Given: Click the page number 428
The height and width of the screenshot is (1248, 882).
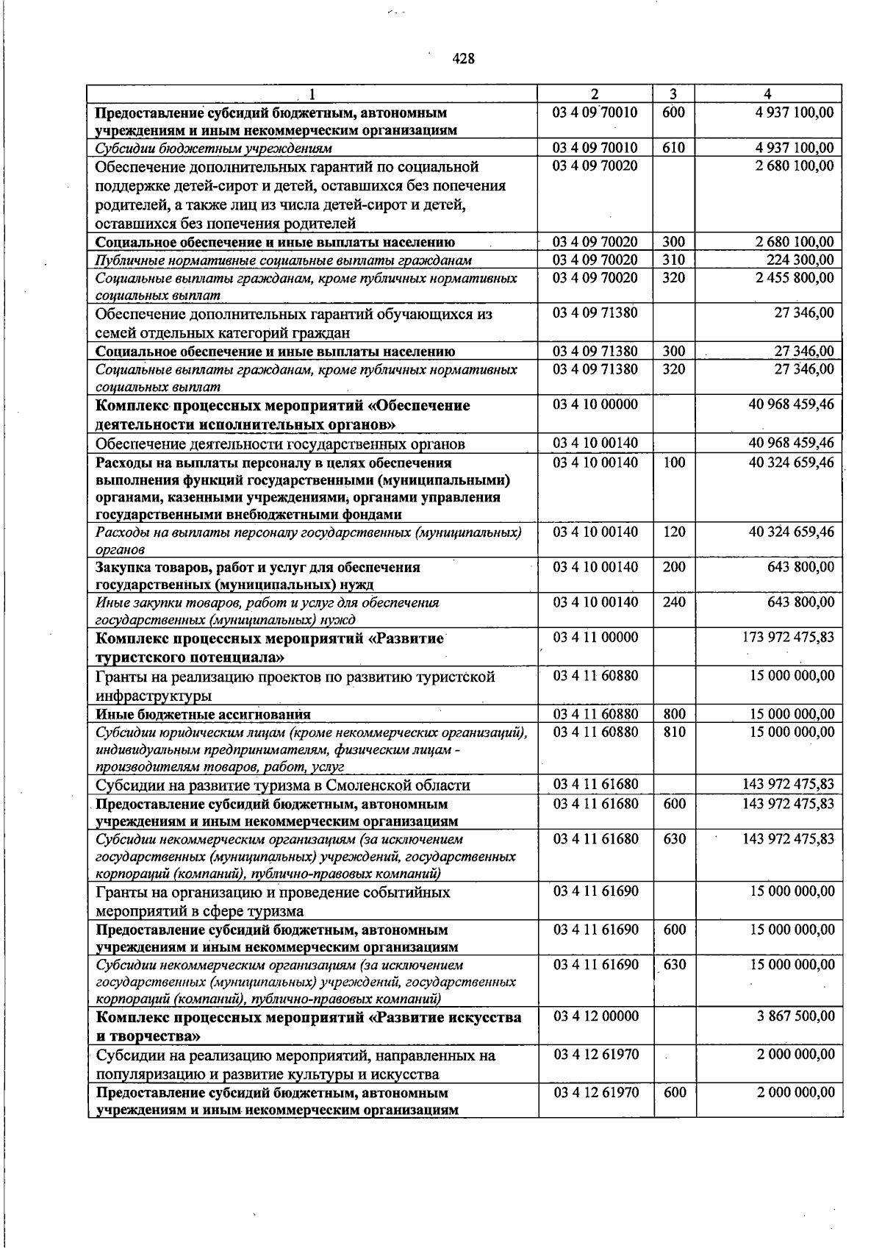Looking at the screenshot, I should [x=463, y=59].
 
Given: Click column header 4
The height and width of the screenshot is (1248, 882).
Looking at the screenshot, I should [x=767, y=94].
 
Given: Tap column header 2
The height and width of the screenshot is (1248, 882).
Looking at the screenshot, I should [x=595, y=94].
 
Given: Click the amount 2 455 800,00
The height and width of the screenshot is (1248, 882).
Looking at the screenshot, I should [x=795, y=277].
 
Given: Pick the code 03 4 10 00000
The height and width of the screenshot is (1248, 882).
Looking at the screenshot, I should [x=595, y=404].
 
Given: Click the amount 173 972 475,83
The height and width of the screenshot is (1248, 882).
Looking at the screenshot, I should [x=789, y=637].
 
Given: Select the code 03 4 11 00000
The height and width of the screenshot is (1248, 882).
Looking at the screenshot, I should [x=595, y=637].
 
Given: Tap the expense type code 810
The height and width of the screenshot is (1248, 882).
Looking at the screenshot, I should [x=674, y=732].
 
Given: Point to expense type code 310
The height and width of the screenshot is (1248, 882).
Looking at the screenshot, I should [x=674, y=260].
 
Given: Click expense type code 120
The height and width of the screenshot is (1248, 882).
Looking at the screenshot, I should [x=674, y=532].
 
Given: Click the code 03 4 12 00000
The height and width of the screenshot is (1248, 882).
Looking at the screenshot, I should [x=595, y=1016].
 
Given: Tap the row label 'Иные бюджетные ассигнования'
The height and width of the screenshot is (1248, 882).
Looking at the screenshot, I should [x=203, y=714].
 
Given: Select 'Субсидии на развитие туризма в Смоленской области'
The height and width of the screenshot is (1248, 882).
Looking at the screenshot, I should [x=283, y=785].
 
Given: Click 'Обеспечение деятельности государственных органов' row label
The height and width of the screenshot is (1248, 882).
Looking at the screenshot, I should [x=280, y=443].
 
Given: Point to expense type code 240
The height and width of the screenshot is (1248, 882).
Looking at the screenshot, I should [x=674, y=602].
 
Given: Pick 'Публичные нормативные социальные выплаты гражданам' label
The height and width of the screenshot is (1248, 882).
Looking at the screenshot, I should [x=284, y=260].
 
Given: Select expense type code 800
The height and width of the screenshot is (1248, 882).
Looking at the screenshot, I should [x=674, y=714].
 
